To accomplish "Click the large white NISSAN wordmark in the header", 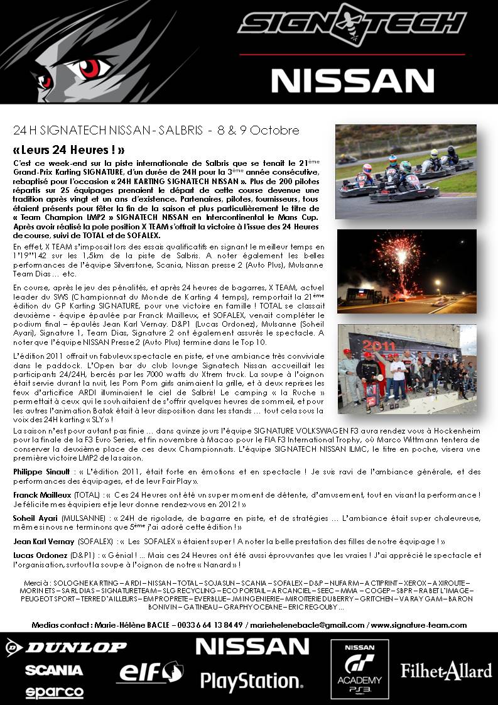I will click(352, 80).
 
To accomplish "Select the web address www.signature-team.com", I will click(419, 625).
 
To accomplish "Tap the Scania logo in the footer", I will click(54, 670).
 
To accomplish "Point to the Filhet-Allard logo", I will click(447, 670).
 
